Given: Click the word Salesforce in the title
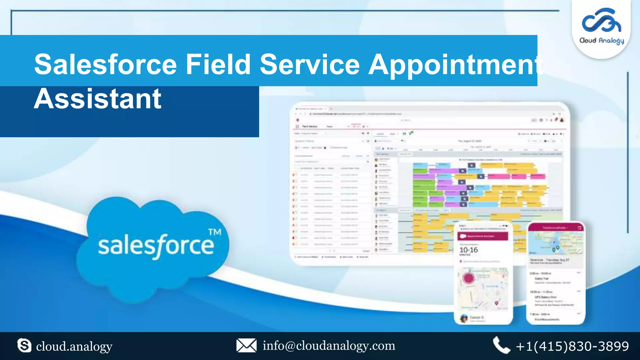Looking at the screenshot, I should [106, 64].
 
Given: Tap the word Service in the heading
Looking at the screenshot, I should [310, 64].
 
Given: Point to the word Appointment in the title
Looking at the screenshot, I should [455, 65].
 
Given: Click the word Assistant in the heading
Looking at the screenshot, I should [97, 99].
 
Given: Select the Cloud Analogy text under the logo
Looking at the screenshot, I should [602, 41].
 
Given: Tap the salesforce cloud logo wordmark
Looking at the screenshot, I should [156, 246].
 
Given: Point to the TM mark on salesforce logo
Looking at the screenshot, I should [215, 232].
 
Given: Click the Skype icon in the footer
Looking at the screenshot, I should [24, 346].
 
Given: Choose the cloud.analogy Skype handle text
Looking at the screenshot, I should [74, 346].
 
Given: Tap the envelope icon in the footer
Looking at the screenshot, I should [246, 346].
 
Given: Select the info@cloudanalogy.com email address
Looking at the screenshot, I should [329, 346].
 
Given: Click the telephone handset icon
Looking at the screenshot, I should [501, 345].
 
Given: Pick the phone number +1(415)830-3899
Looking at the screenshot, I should [572, 346].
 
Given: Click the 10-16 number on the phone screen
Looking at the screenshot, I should [468, 250].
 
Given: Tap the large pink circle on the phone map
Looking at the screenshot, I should [468, 278].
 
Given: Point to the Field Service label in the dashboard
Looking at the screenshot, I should [309, 127].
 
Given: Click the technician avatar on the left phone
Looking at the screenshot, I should [464, 318].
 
